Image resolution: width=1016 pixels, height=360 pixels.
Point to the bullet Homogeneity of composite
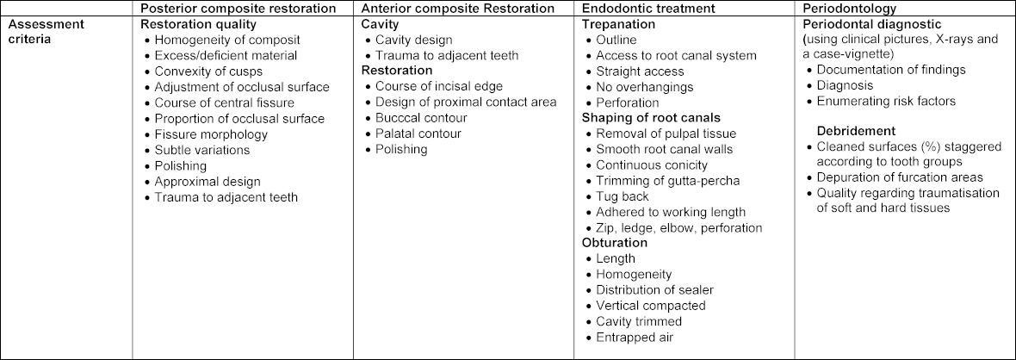(222, 40)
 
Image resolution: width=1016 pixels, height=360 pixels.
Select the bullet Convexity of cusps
(209, 71)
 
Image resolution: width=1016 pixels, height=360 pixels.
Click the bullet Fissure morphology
(211, 134)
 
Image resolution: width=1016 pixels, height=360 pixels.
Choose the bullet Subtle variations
(202, 150)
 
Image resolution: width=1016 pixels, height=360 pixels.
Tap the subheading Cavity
(381, 24)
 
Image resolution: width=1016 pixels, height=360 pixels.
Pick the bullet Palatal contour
(418, 134)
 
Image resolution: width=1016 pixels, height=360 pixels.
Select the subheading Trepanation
(619, 24)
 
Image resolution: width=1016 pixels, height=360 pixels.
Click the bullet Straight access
(640, 71)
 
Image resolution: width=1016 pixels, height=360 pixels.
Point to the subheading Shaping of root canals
(652, 118)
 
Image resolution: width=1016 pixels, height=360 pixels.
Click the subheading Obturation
(615, 244)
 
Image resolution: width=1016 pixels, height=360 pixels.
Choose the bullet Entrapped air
(634, 338)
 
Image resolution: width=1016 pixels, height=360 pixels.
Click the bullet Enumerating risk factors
(886, 102)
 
